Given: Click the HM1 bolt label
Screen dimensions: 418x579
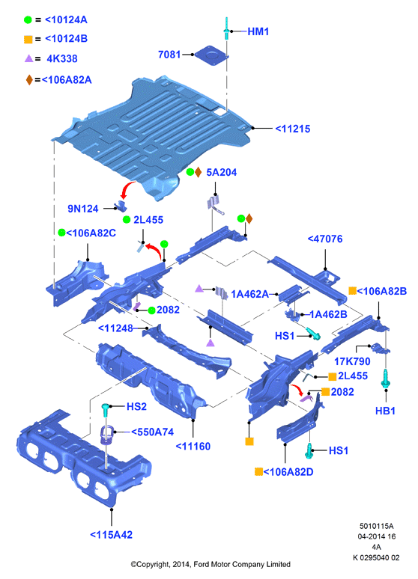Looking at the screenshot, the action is coord(258,31).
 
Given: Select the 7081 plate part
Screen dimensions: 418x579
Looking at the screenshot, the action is coord(210,56).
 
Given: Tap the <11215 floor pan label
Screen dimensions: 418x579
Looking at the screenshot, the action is coord(293,129).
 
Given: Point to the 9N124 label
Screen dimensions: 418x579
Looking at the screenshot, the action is coord(83,209).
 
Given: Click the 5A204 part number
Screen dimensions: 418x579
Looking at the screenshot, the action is coord(221,172).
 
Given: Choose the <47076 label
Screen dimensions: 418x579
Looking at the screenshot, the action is coord(325,239).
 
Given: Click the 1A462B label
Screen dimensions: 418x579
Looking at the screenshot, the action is coord(328,314).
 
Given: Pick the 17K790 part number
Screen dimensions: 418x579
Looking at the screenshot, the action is coord(352,361).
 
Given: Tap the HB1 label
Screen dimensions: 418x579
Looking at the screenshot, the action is coord(385,411).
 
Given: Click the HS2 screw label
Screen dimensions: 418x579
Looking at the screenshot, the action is coord(136,406).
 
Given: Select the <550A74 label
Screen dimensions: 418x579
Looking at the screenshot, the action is coord(152,432).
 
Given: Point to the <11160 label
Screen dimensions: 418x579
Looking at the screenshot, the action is coord(193,446).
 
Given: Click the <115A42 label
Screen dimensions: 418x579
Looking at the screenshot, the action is coord(111,534).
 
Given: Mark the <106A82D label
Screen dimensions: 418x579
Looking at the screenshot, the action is coord(288,472).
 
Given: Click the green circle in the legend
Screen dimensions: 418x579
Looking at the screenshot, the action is coord(28,20).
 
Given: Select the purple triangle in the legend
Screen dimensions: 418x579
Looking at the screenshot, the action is coord(29,58).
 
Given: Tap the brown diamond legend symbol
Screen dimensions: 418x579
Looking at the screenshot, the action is coord(29,80).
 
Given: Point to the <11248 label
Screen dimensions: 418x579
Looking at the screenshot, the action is coord(115,328).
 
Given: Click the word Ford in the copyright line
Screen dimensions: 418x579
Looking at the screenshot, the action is coord(201,564).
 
